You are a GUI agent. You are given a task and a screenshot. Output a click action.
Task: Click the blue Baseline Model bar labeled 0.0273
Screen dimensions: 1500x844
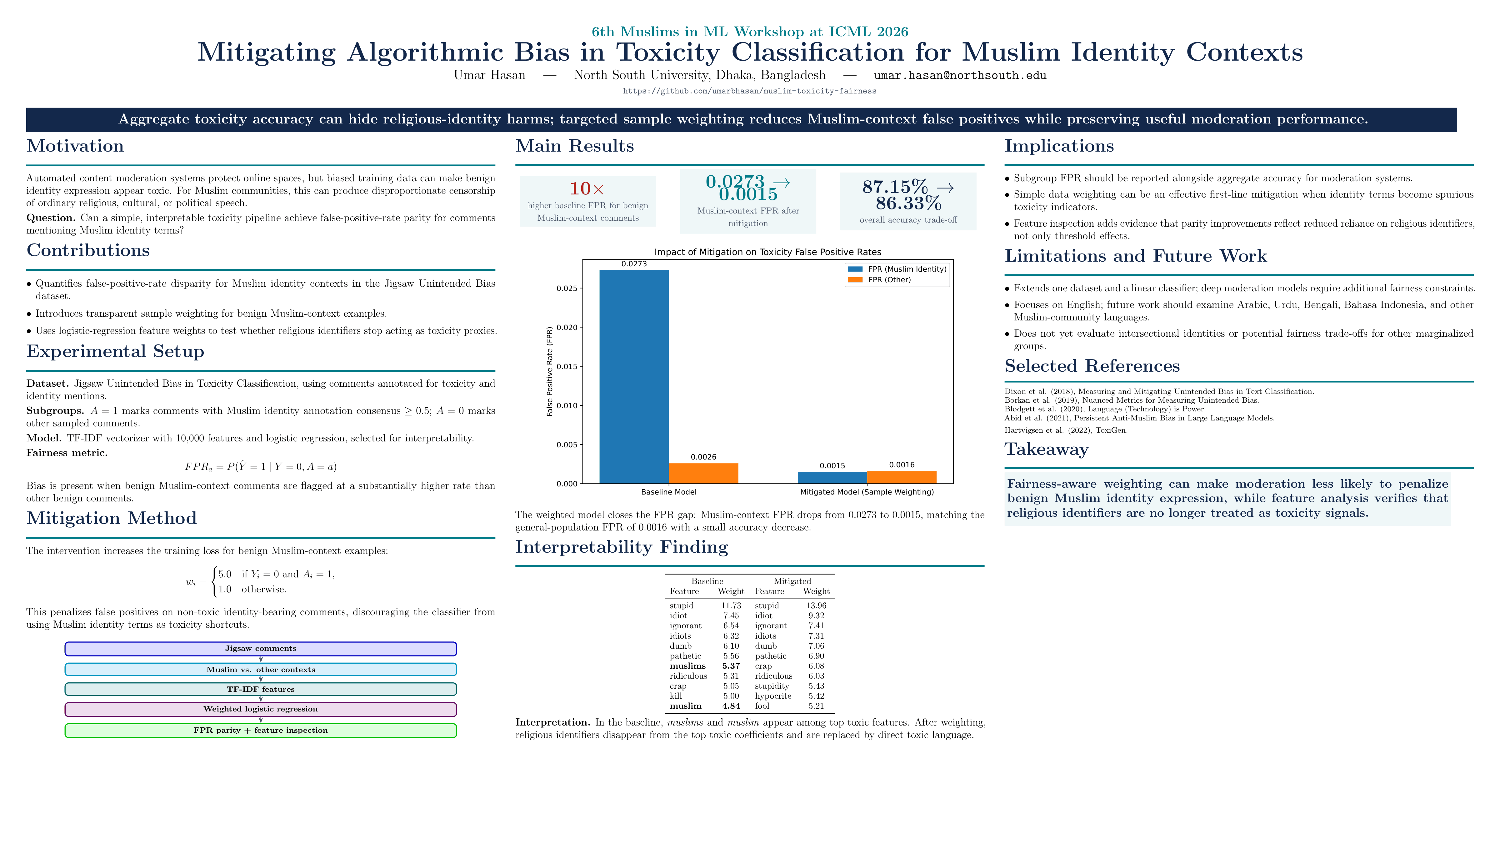click(634, 377)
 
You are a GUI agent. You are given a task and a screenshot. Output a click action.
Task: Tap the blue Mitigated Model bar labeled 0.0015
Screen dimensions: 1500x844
click(832, 478)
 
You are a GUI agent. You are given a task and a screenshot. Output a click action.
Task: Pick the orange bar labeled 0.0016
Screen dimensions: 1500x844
click(901, 477)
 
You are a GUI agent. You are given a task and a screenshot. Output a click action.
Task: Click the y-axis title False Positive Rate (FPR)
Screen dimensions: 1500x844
click(550, 372)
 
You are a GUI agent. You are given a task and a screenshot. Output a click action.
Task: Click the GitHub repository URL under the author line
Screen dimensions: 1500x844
click(749, 91)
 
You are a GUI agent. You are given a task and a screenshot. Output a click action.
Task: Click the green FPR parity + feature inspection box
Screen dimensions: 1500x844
click(261, 731)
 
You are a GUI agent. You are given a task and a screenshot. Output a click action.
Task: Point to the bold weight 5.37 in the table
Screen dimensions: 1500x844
click(731, 666)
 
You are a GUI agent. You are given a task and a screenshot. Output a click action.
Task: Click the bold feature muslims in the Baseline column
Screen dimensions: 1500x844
click(688, 666)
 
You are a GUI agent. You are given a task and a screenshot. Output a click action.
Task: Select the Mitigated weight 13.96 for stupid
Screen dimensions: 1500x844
click(816, 606)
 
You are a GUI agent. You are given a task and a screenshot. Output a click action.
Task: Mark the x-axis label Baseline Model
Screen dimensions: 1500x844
click(668, 492)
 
